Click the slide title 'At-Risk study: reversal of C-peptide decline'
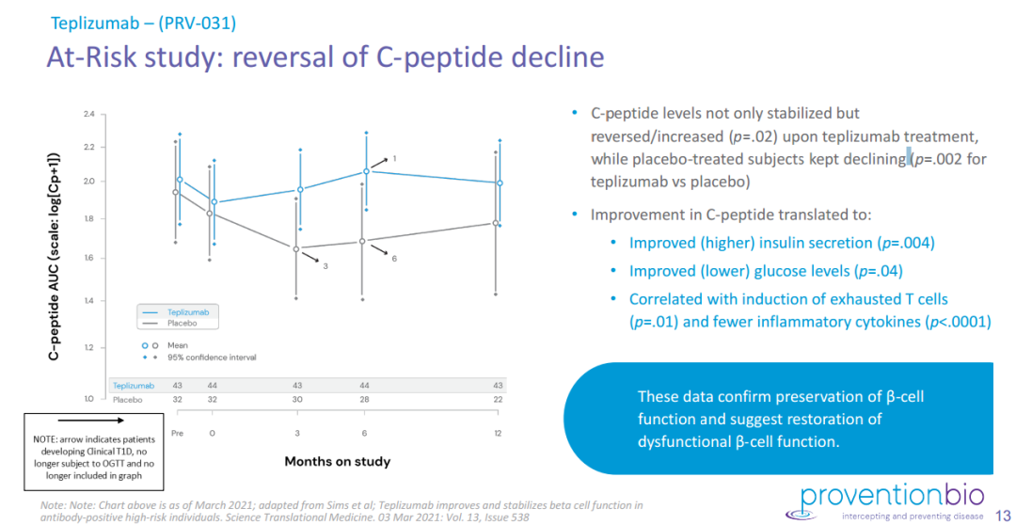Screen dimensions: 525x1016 [325, 57]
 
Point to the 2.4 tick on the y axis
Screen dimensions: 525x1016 [88, 115]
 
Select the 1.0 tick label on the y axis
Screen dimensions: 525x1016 [88, 398]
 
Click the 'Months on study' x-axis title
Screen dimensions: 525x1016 [338, 461]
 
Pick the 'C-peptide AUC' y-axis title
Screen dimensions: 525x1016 [56, 255]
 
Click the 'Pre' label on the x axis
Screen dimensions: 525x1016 [176, 433]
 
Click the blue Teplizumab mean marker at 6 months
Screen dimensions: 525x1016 [365, 171]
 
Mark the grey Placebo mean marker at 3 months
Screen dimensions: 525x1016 [296, 249]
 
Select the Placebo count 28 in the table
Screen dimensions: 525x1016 [365, 399]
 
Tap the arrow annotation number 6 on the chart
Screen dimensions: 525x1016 [394, 258]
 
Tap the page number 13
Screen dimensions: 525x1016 [1002, 515]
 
